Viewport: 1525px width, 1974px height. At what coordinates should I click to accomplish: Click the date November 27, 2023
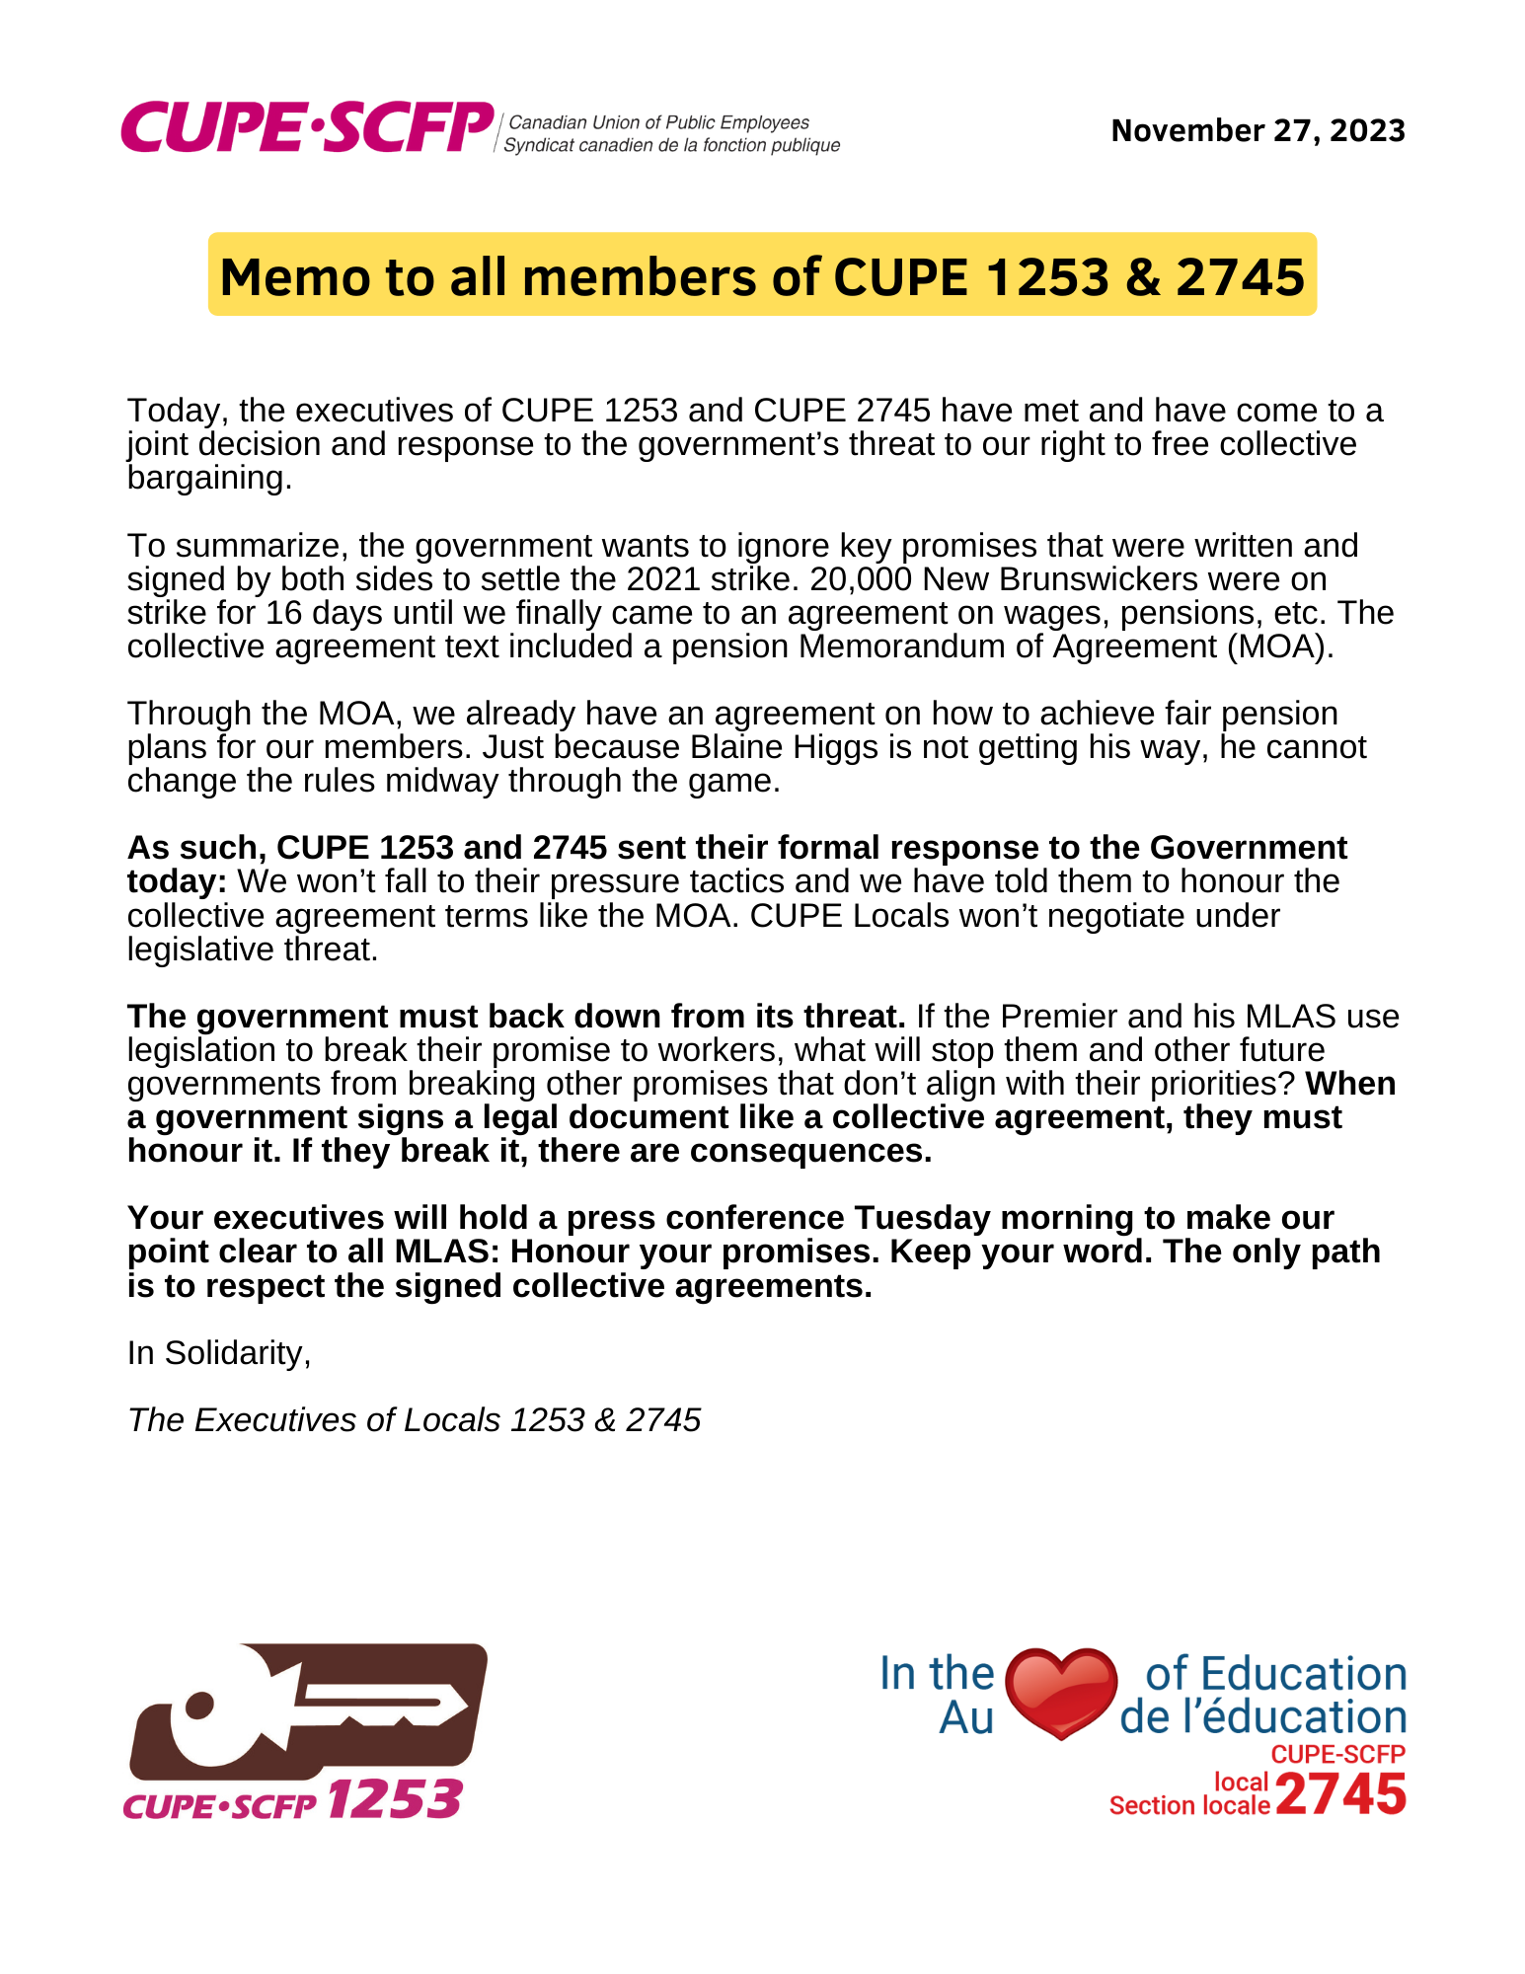point(1258,130)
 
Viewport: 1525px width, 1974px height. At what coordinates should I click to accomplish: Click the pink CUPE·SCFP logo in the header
point(307,128)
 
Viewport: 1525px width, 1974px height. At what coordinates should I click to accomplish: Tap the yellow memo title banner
point(762,275)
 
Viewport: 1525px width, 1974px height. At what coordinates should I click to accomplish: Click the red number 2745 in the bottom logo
point(1340,1793)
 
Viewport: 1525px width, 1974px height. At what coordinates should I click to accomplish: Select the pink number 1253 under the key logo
point(394,1799)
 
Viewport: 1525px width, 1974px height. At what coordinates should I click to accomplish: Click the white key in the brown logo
point(316,1708)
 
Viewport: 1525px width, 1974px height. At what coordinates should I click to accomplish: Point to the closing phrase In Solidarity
point(218,1353)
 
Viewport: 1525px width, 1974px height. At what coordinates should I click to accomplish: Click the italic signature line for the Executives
point(414,1420)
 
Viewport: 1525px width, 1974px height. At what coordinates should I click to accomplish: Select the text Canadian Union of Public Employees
point(658,122)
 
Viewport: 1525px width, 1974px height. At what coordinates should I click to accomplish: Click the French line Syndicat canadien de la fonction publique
point(671,145)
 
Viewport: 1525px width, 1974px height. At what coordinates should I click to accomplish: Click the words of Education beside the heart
point(1275,1675)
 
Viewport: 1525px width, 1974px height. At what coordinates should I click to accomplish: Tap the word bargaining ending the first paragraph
point(208,479)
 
